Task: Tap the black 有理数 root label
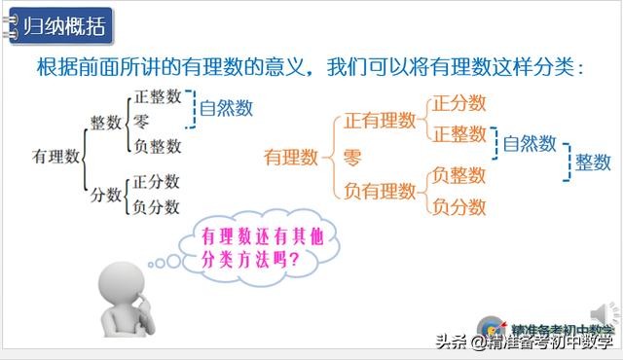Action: click(55, 155)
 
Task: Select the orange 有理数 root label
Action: click(291, 155)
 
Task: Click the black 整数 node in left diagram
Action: click(105, 124)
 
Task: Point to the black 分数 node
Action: click(105, 195)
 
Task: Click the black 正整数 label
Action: click(157, 97)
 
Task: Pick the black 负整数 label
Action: click(157, 146)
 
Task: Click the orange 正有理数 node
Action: click(380, 121)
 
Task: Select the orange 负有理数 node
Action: click(380, 191)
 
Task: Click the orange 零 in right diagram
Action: click(352, 156)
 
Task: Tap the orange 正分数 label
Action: click(459, 102)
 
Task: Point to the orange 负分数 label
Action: click(459, 206)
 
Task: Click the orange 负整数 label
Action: click(459, 175)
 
